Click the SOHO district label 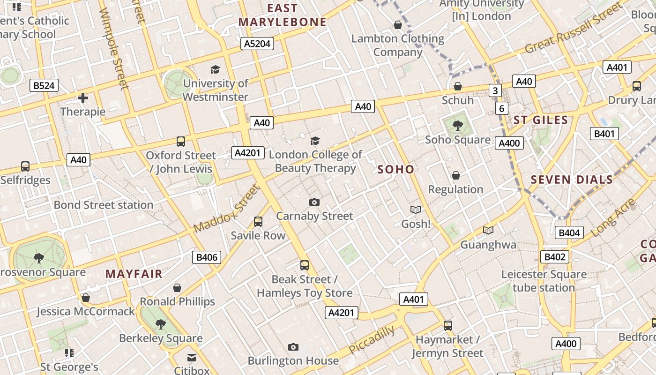[396, 169]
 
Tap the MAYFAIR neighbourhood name [134, 274]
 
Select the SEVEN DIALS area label [572, 180]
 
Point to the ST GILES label [541, 120]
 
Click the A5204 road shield [257, 44]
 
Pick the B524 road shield [44, 85]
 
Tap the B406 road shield [207, 257]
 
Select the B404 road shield [569, 232]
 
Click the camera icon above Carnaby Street [314, 202]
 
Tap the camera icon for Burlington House [293, 347]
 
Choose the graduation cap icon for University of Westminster [215, 70]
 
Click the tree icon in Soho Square [458, 125]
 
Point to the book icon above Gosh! [416, 210]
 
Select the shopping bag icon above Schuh [458, 86]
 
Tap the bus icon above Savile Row [258, 221]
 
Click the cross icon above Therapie [83, 98]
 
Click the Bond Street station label [104, 205]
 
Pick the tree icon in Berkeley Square [161, 323]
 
